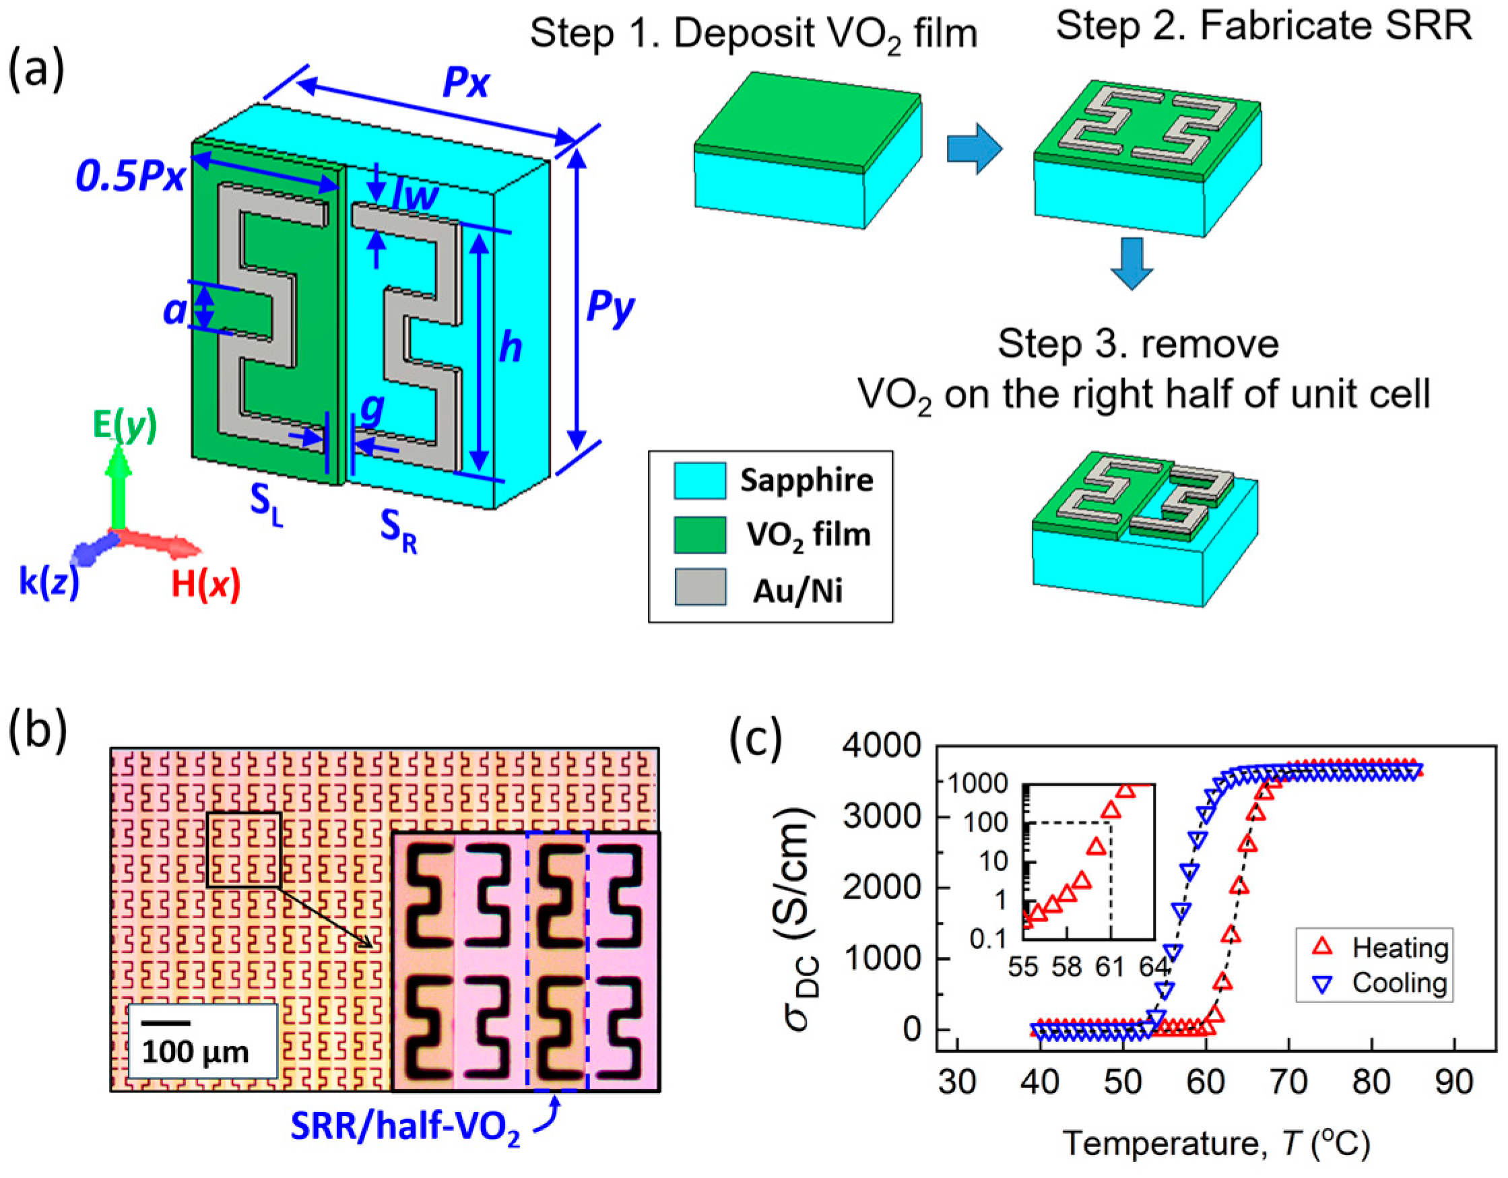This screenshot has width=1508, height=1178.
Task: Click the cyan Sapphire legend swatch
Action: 700,481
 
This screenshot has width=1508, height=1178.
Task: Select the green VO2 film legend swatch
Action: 700,535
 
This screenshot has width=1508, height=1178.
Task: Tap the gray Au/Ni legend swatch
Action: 700,587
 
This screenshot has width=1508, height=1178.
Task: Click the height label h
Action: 511,348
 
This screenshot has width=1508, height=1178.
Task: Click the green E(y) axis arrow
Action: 118,484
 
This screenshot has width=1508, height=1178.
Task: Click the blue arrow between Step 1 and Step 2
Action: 974,148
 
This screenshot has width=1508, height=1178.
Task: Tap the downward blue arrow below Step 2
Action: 1131,263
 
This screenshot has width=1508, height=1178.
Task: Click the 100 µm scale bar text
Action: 195,1052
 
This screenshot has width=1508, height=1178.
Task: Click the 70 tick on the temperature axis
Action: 1289,1081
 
